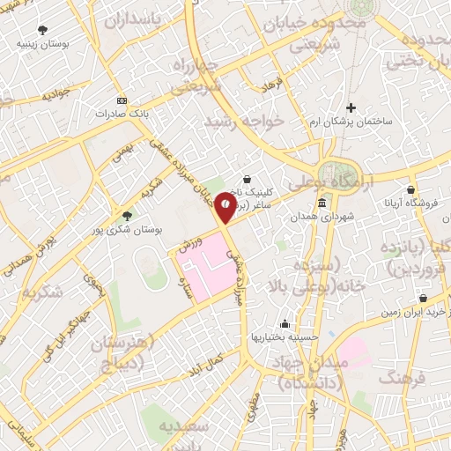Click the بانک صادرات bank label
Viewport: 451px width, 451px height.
pyautogui.click(x=122, y=113)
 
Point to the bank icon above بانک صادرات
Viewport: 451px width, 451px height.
pyautogui.click(x=122, y=100)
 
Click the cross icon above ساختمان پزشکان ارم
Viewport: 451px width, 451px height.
pyautogui.click(x=351, y=107)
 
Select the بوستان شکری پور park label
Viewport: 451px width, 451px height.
pyautogui.click(x=127, y=229)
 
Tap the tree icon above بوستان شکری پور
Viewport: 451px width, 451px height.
pyautogui.click(x=127, y=216)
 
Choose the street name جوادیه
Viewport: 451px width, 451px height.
pyautogui.click(x=55, y=92)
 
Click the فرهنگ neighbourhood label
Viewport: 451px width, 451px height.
pyautogui.click(x=403, y=377)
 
